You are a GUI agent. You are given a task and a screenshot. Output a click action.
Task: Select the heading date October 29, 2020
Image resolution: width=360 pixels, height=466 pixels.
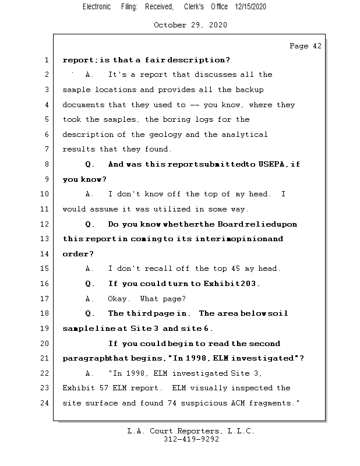[x=190, y=25]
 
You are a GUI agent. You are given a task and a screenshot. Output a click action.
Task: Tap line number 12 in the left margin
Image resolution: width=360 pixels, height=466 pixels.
[x=45, y=224]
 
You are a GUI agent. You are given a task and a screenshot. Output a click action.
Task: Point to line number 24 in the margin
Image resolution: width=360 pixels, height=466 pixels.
[x=45, y=403]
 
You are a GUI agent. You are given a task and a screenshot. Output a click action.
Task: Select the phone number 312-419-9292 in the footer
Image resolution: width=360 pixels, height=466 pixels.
[x=191, y=439]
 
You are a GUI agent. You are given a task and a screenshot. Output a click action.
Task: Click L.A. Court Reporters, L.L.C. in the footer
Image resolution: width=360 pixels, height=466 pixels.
[x=190, y=431]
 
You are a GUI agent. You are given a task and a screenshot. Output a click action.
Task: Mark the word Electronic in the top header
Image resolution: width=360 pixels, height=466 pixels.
[x=97, y=6]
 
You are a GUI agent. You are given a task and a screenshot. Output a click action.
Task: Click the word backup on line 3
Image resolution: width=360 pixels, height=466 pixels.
[x=249, y=90]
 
